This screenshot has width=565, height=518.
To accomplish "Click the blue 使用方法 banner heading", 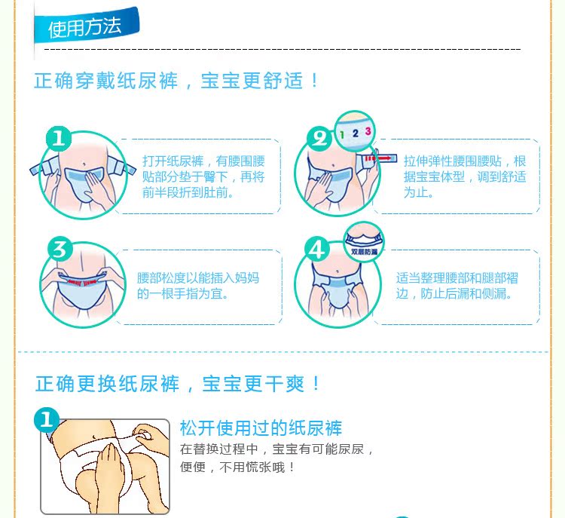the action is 87,26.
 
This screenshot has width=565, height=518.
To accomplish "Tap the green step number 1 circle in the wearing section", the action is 59,139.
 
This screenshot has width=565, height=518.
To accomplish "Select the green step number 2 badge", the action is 319,139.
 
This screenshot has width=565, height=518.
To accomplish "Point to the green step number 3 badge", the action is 60,250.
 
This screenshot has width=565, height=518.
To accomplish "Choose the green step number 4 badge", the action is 317,250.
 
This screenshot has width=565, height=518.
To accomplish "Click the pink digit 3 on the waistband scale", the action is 368,131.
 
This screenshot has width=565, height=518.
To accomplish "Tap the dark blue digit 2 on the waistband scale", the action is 356,133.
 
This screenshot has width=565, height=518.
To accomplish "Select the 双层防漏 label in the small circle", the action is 364,252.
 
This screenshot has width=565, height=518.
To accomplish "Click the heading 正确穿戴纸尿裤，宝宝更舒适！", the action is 176,81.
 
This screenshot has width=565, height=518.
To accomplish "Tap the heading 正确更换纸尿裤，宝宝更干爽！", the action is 178,383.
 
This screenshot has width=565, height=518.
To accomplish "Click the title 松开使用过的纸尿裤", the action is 261,428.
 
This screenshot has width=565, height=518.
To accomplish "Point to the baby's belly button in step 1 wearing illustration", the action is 84,164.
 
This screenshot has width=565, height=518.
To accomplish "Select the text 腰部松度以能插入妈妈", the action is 198,278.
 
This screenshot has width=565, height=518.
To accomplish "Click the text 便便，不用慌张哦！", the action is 237,467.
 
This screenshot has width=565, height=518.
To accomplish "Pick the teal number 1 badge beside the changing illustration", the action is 47,420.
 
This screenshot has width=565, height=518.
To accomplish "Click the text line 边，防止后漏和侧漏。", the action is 454,293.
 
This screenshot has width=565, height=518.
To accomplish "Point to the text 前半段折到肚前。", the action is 188,192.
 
